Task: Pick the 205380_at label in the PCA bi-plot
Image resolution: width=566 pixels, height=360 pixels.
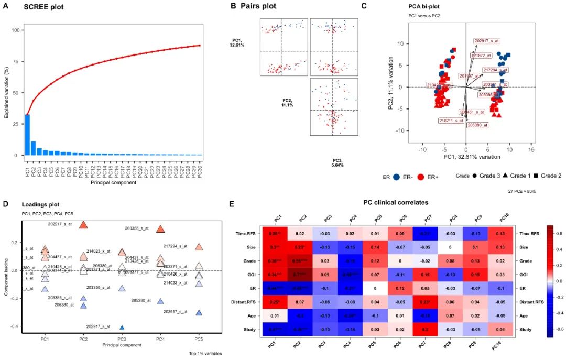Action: pyautogui.click(x=477, y=125)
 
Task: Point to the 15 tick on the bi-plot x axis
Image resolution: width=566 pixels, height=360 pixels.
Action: pyautogui.click(x=532, y=149)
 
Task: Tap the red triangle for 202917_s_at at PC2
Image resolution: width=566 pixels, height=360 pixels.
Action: pyautogui.click(x=83, y=225)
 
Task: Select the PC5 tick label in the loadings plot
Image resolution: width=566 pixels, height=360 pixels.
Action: pyautogui.click(x=199, y=340)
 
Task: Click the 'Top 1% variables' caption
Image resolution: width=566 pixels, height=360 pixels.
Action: pyautogui.click(x=205, y=354)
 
